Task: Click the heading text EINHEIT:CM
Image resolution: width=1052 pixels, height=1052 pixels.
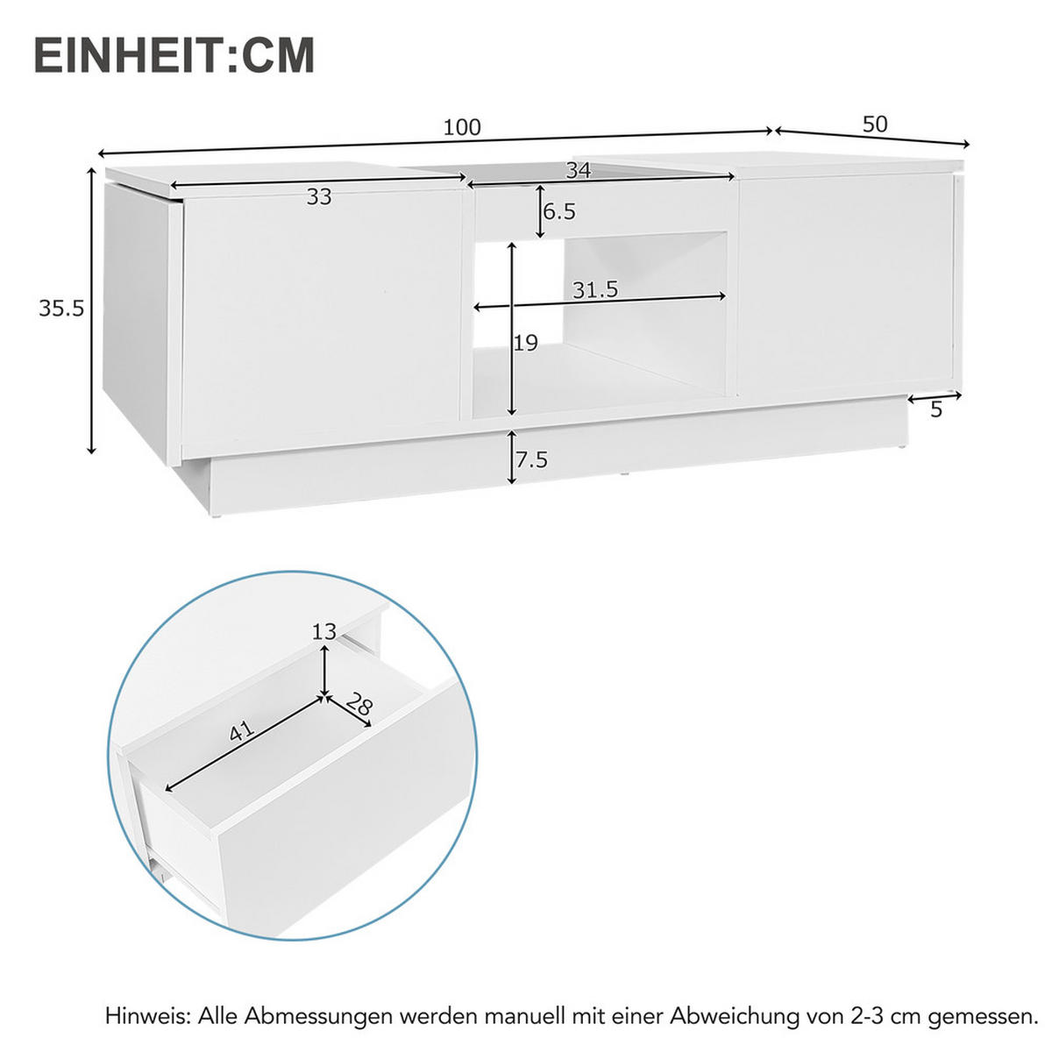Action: (x=174, y=56)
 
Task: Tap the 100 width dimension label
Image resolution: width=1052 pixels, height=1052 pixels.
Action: (x=462, y=128)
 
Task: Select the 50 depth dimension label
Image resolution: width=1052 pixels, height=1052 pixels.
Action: (x=875, y=124)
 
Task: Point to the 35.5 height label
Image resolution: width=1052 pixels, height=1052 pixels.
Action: (x=60, y=309)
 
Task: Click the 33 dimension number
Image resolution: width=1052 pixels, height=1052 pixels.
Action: (x=319, y=197)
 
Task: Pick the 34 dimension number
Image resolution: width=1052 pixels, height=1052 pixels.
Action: (x=578, y=171)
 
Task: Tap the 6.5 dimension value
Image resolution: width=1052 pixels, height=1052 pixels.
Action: (x=559, y=212)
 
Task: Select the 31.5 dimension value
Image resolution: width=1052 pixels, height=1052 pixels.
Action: (x=595, y=290)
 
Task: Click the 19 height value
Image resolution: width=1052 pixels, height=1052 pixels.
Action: (x=526, y=343)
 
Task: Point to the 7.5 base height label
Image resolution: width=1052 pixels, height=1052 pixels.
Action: (x=531, y=460)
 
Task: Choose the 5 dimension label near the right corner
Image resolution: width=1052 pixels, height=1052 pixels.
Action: (x=936, y=409)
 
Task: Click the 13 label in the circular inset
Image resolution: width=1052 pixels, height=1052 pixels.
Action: (x=323, y=631)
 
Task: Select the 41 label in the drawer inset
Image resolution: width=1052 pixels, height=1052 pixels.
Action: (x=241, y=730)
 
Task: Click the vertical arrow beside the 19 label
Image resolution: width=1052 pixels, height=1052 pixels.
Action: (x=512, y=329)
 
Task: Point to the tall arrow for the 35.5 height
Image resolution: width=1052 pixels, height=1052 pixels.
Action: (x=91, y=310)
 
